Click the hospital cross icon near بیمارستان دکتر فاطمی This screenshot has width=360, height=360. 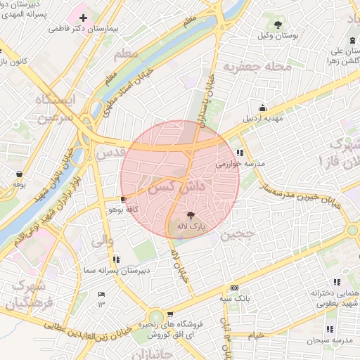tap(83, 17)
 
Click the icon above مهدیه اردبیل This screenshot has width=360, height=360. tap(263, 108)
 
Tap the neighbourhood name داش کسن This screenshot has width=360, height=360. tap(181, 186)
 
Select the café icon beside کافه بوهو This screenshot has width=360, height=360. tap(124, 200)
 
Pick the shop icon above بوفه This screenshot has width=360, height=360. tap(18, 174)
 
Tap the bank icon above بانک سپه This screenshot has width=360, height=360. tap(234, 288)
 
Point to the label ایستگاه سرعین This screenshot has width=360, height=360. tap(53, 108)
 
